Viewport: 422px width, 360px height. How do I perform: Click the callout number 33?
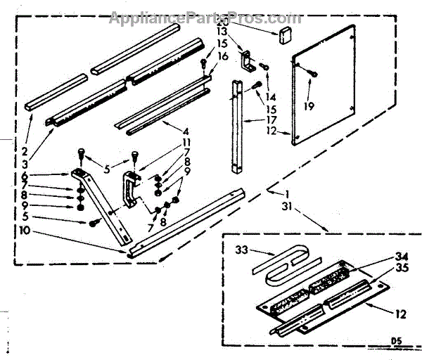241,250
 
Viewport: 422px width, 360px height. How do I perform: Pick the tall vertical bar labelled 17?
235,127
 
